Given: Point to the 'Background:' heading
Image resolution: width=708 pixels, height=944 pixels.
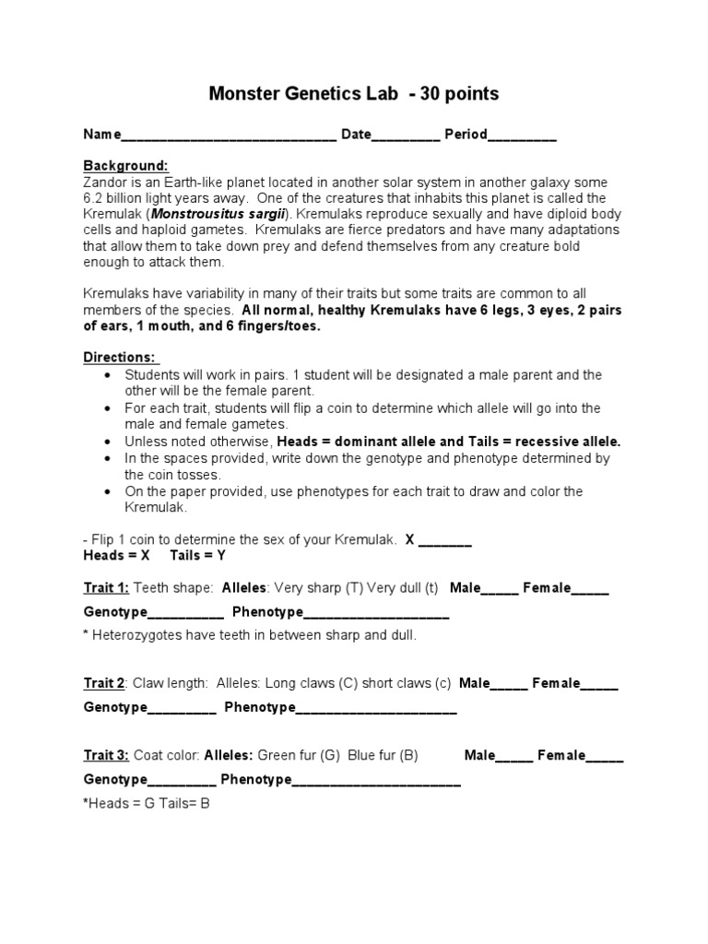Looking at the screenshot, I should (126, 166).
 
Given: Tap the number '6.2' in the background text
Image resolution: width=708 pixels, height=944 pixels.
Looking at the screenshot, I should (96, 198).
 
